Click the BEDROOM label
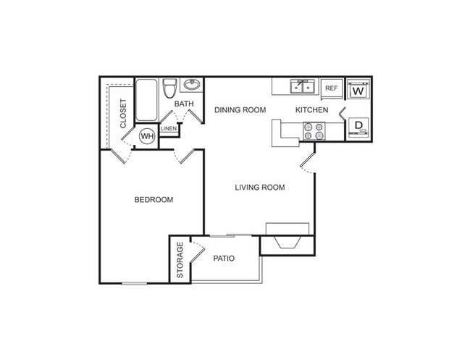coord(154,200)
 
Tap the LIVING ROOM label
coord(259,188)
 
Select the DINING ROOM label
coord(240,110)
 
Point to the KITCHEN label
coord(311,110)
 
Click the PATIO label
coord(224,258)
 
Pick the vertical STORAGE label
coord(180,260)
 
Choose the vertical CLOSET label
coord(124,113)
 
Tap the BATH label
coord(185,104)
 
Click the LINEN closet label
coord(169,128)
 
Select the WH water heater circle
coord(147,135)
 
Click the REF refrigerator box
coord(332,88)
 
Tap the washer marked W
coord(357,91)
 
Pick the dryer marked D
coord(357,127)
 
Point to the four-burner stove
coord(314,130)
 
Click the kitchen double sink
coord(303,87)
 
